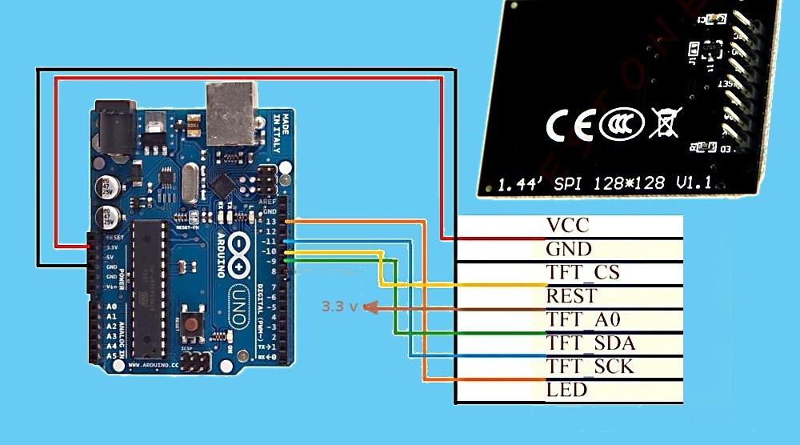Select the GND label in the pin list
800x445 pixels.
click(x=569, y=249)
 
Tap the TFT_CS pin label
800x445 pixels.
click(x=583, y=273)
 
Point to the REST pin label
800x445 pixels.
click(x=571, y=296)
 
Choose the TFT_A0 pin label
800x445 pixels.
click(x=584, y=320)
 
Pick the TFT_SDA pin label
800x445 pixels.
click(x=590, y=343)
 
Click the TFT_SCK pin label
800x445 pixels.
click(x=590, y=367)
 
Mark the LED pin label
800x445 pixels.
click(x=566, y=390)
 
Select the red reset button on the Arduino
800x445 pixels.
click(x=192, y=323)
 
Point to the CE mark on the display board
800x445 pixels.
click(x=569, y=125)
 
